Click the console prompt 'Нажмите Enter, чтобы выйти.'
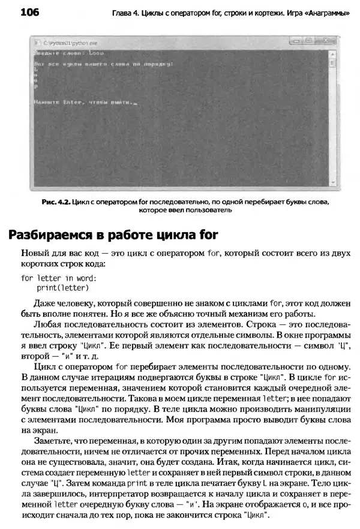[85, 103]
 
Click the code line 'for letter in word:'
[59, 278]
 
